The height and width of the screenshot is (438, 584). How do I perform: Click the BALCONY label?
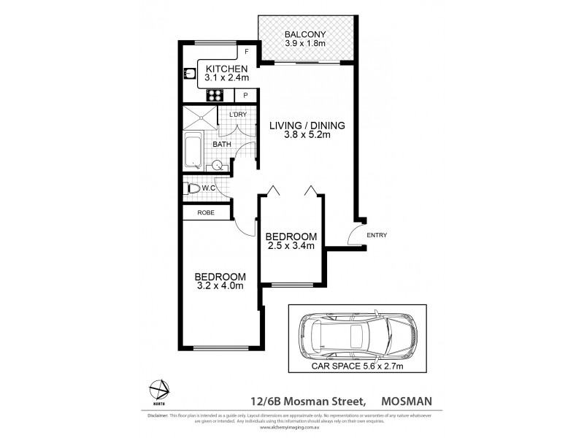click(x=307, y=34)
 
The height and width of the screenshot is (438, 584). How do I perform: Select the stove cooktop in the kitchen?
click(x=215, y=94)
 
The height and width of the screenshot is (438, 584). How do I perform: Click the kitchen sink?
click(x=188, y=73)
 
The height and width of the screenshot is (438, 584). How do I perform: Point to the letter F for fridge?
click(x=247, y=52)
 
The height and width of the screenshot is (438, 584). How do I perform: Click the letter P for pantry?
click(x=246, y=95)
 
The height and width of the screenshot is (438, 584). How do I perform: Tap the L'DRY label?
click(x=237, y=115)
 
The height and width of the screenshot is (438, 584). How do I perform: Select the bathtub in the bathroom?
click(x=193, y=150)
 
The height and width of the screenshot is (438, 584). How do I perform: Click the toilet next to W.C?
click(x=193, y=188)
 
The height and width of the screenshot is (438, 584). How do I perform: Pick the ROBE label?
click(x=205, y=212)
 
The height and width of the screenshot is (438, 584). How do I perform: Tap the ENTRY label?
click(x=377, y=235)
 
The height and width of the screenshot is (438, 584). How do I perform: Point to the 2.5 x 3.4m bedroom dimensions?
click(x=290, y=246)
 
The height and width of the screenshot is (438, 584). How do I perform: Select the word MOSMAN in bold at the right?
click(x=419, y=400)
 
